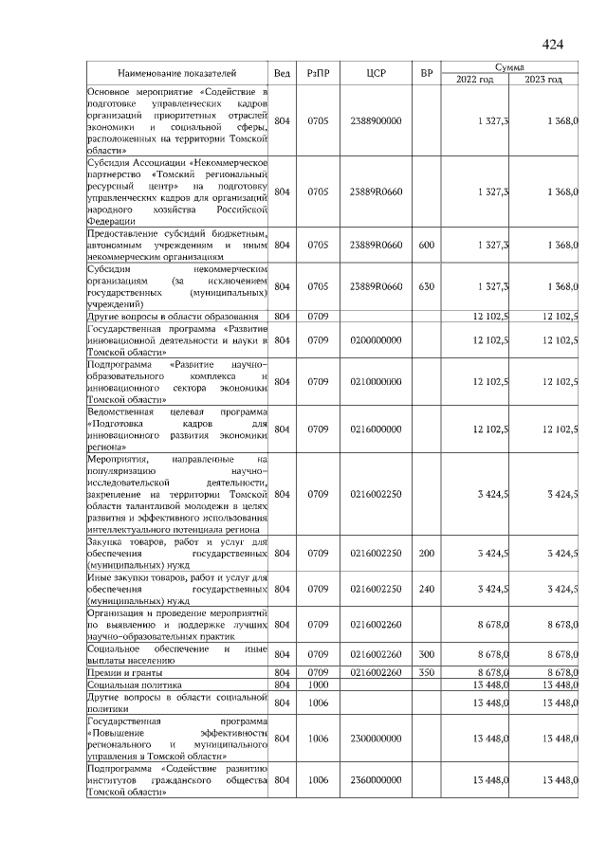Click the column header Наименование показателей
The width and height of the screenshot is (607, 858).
[x=177, y=73]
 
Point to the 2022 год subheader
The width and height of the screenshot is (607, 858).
[x=475, y=80]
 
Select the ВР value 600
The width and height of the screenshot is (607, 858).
[x=426, y=245]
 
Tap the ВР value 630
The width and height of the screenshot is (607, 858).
[x=426, y=285]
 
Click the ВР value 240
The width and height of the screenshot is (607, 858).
[x=426, y=589]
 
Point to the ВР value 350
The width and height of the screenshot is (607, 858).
[x=426, y=671]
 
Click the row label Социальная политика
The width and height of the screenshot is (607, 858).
[x=133, y=684]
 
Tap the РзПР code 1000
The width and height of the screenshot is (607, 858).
[x=317, y=684]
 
